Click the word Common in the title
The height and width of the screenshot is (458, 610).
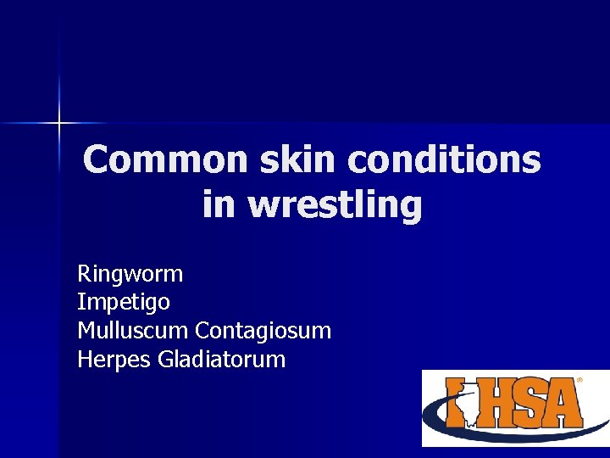[x=151, y=160]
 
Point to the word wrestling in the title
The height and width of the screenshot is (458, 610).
[x=335, y=204]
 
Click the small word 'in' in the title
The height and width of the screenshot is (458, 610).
[x=219, y=204]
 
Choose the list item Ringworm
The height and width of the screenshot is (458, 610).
[x=130, y=274]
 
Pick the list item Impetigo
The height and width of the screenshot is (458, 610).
[x=124, y=302]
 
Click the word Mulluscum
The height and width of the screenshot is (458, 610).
[x=133, y=330]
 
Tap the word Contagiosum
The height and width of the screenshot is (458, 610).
[x=263, y=330]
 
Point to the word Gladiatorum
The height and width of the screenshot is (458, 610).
[x=222, y=359]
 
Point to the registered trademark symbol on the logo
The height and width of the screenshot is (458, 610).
[x=579, y=381]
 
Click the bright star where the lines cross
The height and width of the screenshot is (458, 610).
[x=59, y=124]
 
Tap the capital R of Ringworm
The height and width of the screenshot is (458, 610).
[x=84, y=274]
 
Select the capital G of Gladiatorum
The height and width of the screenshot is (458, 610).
[x=166, y=359]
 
